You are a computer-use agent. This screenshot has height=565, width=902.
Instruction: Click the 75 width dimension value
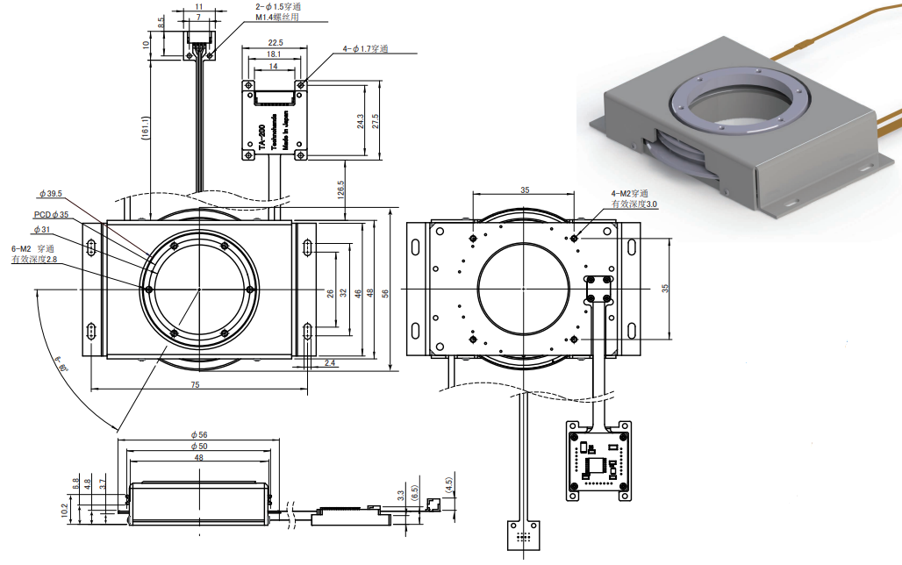click(x=195, y=384)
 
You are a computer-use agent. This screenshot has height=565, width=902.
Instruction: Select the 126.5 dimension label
click(x=339, y=189)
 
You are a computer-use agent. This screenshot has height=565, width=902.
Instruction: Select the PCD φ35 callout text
click(x=52, y=213)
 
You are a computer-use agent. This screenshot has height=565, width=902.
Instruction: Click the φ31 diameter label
click(x=42, y=230)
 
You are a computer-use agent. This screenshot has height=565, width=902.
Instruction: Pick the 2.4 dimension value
click(x=330, y=362)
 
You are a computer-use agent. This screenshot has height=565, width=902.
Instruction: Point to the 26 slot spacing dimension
click(x=331, y=294)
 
